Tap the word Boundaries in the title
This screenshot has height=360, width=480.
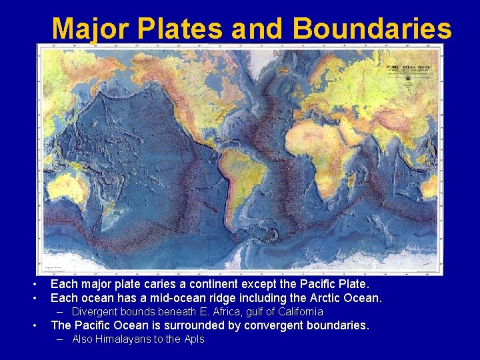coord(371,28)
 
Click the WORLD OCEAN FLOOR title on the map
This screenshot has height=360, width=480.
coord(407,69)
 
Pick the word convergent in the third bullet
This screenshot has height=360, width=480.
coord(269,325)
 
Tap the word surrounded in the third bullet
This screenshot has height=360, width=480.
coord(193,325)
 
